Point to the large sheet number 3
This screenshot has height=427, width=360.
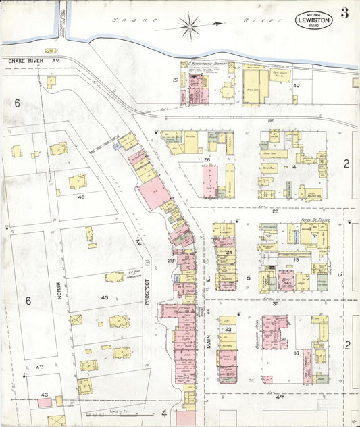click(344, 14)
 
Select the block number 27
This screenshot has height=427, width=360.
click(176, 80)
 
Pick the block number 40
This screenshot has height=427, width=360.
click(296, 86)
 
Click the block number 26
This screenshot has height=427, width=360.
click(207, 160)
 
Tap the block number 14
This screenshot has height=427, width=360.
click(294, 166)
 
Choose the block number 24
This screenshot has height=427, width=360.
click(229, 253)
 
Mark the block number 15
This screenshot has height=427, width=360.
click(296, 259)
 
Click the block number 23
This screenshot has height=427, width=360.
click(228, 329)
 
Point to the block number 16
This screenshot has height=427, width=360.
click(296, 353)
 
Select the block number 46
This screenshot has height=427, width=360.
click(81, 197)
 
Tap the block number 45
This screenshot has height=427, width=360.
click(104, 297)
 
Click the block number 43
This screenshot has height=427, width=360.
click(44, 394)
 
